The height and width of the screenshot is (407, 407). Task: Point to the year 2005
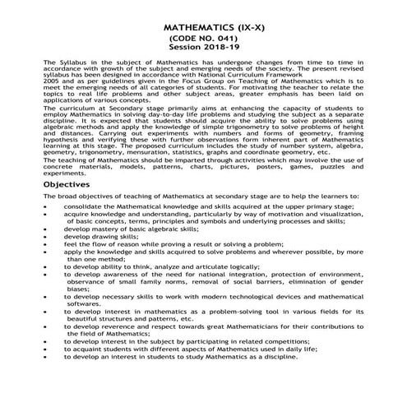tap(49, 84)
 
